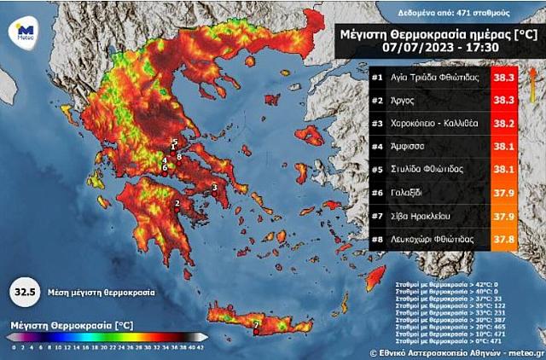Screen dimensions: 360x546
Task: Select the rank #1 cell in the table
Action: (376, 78)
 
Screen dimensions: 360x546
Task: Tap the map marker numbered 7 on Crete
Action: (256, 324)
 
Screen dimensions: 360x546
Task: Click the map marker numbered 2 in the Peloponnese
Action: (177, 203)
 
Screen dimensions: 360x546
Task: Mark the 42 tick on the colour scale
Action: (200, 347)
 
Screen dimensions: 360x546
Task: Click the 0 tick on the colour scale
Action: (13, 347)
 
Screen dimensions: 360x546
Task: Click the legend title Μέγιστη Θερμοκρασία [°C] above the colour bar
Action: (72, 325)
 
